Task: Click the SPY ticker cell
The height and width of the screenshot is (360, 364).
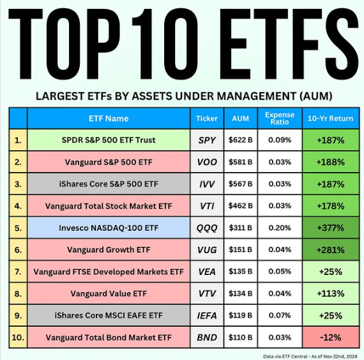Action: (x=208, y=139)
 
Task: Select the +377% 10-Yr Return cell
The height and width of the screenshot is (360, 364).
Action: (x=330, y=228)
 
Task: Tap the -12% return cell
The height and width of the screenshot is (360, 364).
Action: (x=330, y=338)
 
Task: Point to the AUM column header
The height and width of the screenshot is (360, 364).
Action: (x=240, y=118)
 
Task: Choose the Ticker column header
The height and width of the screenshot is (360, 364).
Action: (x=208, y=118)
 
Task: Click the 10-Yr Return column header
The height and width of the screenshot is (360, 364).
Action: (x=330, y=118)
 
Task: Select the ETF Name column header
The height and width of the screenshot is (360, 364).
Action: (x=109, y=118)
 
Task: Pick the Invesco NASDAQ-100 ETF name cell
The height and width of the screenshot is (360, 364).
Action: (x=109, y=228)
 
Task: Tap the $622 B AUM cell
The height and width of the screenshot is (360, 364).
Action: (x=240, y=139)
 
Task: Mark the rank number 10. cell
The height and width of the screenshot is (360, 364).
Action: (x=18, y=338)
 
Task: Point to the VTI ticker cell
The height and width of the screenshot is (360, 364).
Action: (x=208, y=206)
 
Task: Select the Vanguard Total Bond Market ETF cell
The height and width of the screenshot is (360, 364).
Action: (x=109, y=338)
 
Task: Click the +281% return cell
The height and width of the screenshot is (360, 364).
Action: (x=330, y=249)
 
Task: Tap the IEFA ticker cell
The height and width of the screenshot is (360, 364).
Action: (x=208, y=315)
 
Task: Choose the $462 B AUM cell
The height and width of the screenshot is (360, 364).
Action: (x=240, y=206)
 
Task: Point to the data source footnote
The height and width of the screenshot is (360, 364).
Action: (x=309, y=354)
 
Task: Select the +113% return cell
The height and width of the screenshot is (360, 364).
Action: (x=330, y=293)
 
